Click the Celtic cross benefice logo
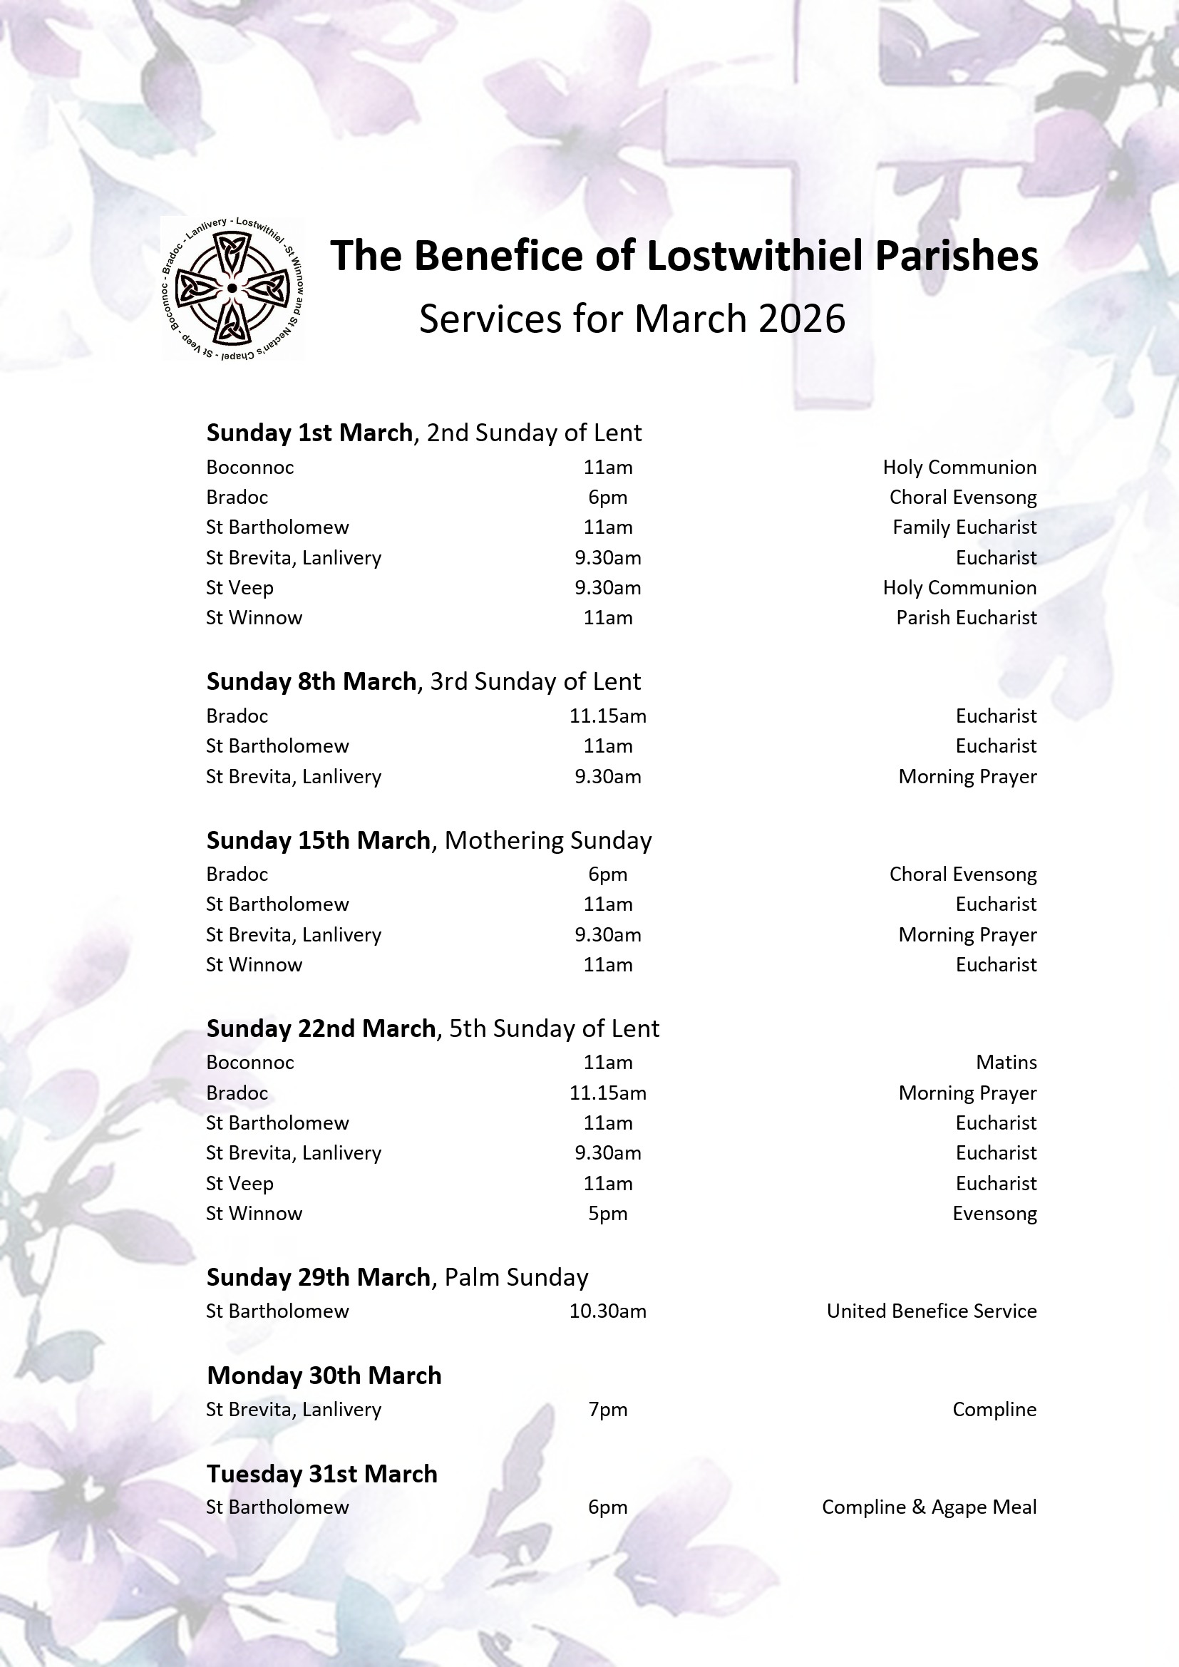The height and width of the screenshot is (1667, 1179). (232, 288)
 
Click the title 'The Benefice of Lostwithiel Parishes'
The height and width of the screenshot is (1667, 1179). (684, 256)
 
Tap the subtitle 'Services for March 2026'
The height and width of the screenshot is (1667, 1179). (632, 319)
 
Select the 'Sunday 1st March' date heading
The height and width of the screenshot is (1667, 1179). (309, 433)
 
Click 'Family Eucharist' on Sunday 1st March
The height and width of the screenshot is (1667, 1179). (964, 527)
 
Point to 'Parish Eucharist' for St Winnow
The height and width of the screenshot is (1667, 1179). (966, 618)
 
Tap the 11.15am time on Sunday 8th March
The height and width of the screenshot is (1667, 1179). (607, 716)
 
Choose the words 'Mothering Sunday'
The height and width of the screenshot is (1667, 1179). (547, 840)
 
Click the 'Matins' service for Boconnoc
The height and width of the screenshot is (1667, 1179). (1006, 1063)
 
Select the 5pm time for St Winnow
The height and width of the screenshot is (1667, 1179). (607, 1213)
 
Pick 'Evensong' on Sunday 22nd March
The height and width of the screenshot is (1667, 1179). (994, 1213)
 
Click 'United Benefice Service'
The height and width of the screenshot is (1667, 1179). (931, 1311)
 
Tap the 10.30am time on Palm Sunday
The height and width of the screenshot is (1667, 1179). (607, 1311)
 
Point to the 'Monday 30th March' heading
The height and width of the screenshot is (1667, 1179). (324, 1376)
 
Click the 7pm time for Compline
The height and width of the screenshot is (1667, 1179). (607, 1409)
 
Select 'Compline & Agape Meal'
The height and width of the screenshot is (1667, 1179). (929, 1507)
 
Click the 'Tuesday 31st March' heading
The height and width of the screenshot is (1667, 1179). (321, 1474)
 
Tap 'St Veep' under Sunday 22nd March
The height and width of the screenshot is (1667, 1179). (240, 1184)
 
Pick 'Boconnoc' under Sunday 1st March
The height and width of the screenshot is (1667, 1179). (249, 468)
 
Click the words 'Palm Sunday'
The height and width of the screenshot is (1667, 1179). (515, 1277)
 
